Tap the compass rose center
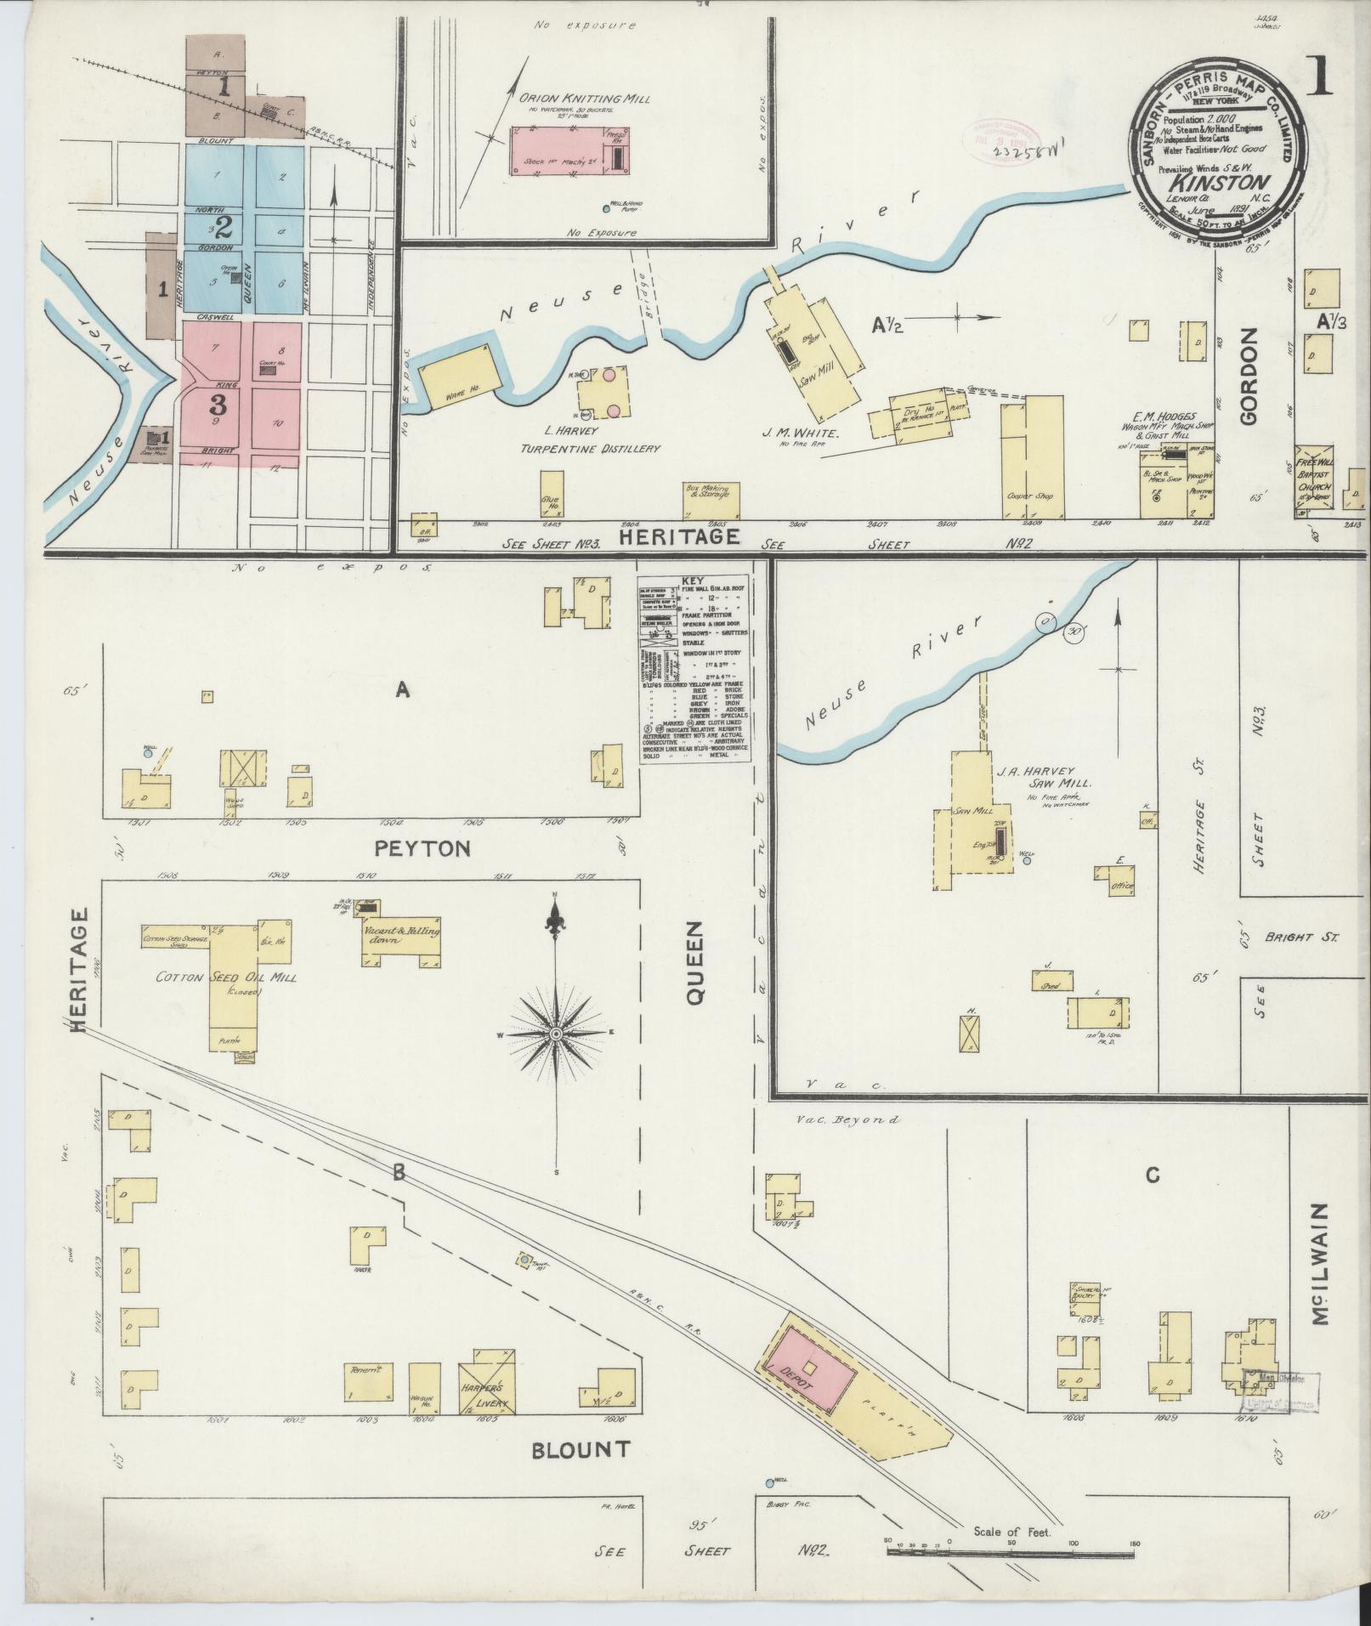pos(556,1033)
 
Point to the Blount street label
pos(581,1449)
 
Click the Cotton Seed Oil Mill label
pos(226,979)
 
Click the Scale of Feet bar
pos(1011,1551)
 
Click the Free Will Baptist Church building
pos(1314,480)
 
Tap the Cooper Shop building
pos(1027,459)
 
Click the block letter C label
pos(1152,1176)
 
